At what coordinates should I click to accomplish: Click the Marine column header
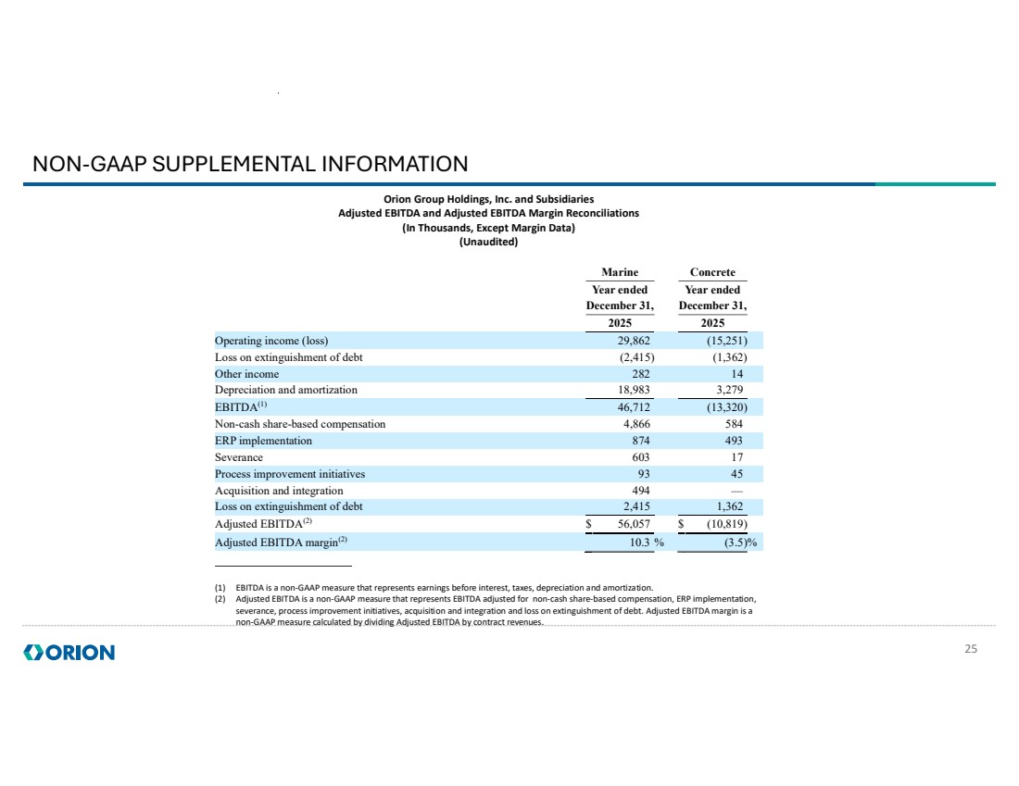tap(620, 272)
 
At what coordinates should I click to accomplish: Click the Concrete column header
tap(712, 272)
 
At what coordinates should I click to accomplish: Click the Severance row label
tap(239, 457)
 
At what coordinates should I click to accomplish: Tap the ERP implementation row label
tap(263, 441)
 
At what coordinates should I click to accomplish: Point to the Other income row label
tap(246, 373)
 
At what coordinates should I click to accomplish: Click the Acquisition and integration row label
tap(279, 491)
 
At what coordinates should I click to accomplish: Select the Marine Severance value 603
tap(640, 457)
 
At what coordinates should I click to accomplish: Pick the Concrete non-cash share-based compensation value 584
tap(733, 424)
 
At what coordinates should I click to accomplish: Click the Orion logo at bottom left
tap(69, 653)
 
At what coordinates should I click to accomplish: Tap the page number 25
tap(971, 649)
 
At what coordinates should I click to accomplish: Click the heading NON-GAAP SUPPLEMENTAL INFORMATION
tap(250, 165)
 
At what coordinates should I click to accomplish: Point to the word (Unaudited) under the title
tap(488, 243)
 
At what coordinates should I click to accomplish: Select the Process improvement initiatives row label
tap(290, 474)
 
